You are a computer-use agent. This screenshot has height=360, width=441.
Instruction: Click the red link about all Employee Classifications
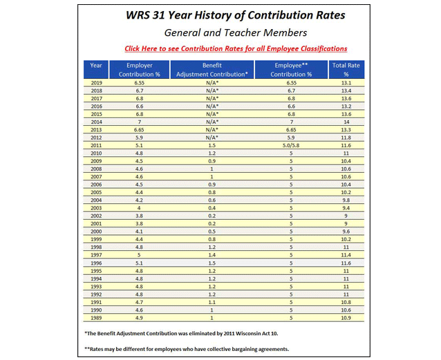click(x=236, y=48)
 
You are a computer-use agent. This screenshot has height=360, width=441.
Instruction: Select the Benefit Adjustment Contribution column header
click(x=212, y=68)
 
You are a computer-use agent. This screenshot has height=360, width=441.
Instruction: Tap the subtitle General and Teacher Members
click(x=234, y=32)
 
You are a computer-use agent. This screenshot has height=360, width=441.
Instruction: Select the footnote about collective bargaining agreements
click(x=205, y=349)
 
